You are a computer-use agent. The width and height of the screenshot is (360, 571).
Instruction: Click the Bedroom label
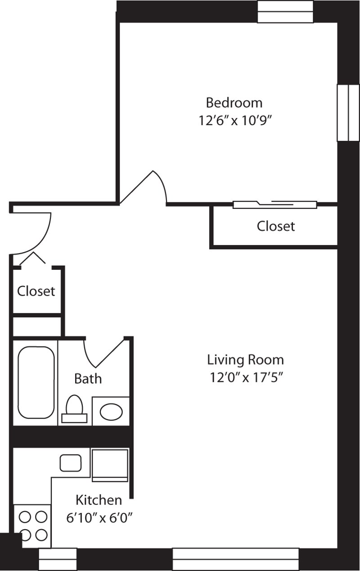coord(234,103)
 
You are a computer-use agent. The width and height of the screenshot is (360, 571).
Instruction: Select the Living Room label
coord(245,360)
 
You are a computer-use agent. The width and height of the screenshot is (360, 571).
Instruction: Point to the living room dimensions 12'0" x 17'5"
coord(245,377)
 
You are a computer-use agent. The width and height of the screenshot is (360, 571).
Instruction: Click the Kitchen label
coord(99,500)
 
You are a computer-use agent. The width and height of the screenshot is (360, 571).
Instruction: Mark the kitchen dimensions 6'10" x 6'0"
coord(99,518)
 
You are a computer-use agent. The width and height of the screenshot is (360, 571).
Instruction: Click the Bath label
coord(88,379)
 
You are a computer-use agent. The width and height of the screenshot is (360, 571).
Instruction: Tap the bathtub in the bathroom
coord(36,382)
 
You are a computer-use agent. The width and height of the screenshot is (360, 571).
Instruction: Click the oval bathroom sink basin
coord(111,411)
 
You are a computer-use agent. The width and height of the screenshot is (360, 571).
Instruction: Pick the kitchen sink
coord(71,463)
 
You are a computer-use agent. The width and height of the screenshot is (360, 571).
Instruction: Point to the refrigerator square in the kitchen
coord(110,463)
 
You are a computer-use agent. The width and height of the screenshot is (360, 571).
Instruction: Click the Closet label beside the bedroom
coord(276,226)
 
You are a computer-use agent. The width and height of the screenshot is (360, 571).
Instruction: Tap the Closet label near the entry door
coord(36,291)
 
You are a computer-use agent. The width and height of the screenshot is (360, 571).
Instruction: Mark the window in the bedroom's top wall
coord(285,11)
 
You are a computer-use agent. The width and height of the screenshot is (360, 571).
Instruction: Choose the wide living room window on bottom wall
coord(235,559)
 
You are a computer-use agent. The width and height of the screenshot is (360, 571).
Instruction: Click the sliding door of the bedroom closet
coord(274,204)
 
